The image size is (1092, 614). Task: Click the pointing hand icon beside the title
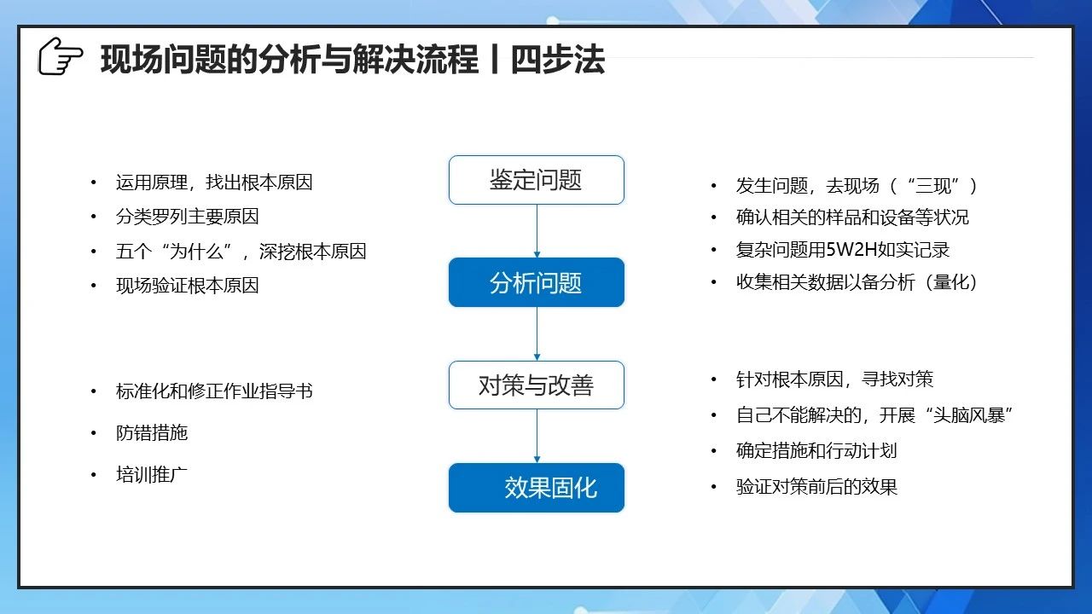coord(61,56)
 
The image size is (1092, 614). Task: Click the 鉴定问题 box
coord(537,180)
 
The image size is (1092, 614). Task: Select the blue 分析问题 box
coord(537,282)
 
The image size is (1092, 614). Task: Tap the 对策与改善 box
coord(537,385)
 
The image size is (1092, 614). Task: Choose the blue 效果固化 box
coord(537,488)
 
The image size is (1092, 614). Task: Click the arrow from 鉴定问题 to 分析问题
coord(537,231)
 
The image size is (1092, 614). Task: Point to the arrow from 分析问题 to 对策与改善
coord(537,333)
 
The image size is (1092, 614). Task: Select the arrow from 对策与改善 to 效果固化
coord(537,436)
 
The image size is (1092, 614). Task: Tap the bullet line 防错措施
coord(152,432)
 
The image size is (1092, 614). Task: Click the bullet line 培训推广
coord(152,475)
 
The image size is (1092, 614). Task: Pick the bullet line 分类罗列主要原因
coord(187,217)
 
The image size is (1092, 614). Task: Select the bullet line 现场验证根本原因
coord(187,286)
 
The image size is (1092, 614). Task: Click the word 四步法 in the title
coord(558,60)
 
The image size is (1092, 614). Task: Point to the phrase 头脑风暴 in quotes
coord(968,415)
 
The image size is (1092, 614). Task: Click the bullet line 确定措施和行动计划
coord(816,451)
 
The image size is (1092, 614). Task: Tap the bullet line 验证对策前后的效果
coord(816,487)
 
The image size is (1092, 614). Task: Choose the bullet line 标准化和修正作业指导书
coord(214,391)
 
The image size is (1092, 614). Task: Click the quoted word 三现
coord(933,186)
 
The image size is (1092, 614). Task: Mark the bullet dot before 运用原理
coord(94,182)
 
